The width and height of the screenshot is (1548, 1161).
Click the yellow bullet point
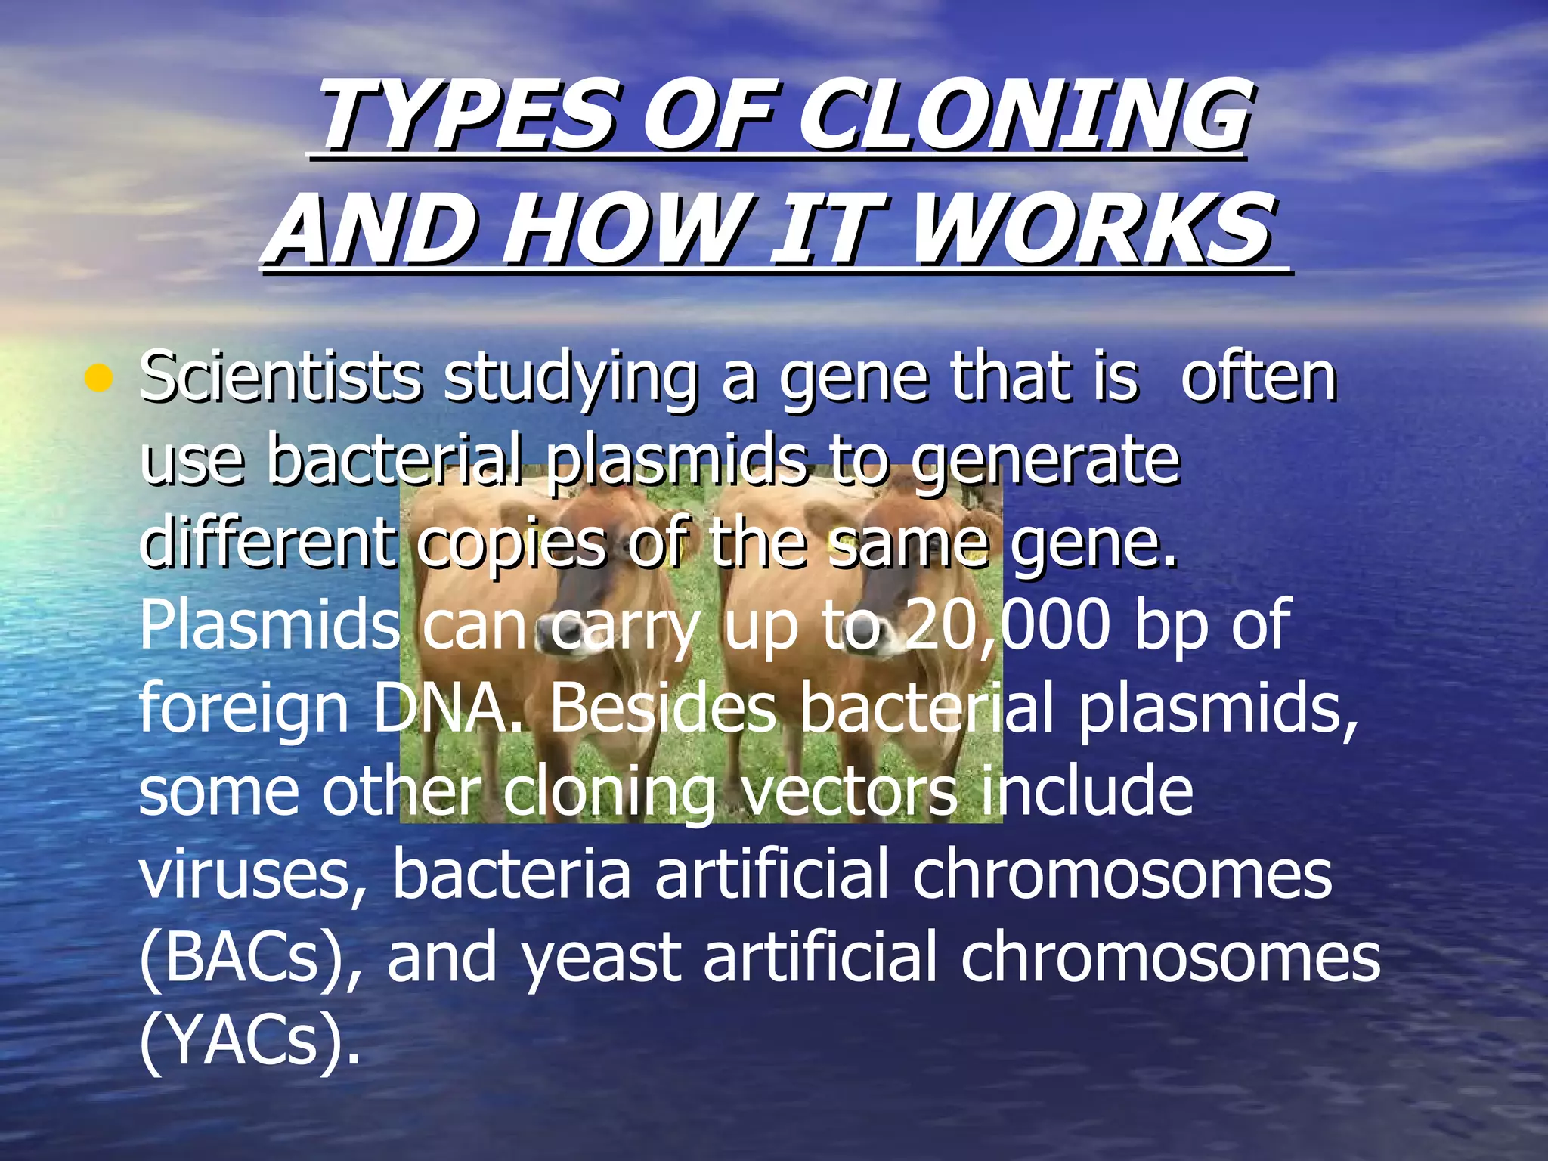click(98, 378)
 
